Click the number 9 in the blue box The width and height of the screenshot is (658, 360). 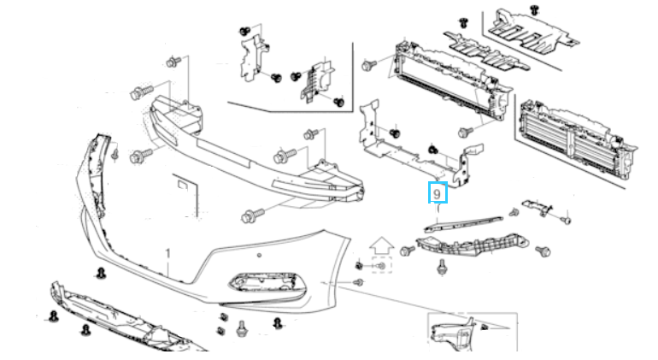438,193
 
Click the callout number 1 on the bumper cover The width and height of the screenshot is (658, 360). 167,254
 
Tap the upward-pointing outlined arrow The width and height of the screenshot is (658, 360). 381,246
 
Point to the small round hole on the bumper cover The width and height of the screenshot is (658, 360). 259,255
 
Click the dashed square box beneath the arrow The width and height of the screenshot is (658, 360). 381,265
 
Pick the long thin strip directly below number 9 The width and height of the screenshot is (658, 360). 463,223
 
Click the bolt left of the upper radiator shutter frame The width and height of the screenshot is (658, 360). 368,65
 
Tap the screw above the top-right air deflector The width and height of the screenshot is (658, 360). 534,9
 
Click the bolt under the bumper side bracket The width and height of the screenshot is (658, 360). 441,266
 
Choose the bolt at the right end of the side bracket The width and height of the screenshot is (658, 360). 543,251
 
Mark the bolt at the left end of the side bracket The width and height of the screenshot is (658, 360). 407,251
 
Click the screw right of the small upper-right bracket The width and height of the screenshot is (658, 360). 566,219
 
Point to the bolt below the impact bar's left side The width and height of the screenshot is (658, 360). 253,216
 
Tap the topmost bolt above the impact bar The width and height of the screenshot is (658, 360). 173,62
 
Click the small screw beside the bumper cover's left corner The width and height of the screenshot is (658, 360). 115,154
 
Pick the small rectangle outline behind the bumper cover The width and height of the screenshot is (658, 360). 183,185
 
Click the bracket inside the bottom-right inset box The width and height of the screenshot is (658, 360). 456,336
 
